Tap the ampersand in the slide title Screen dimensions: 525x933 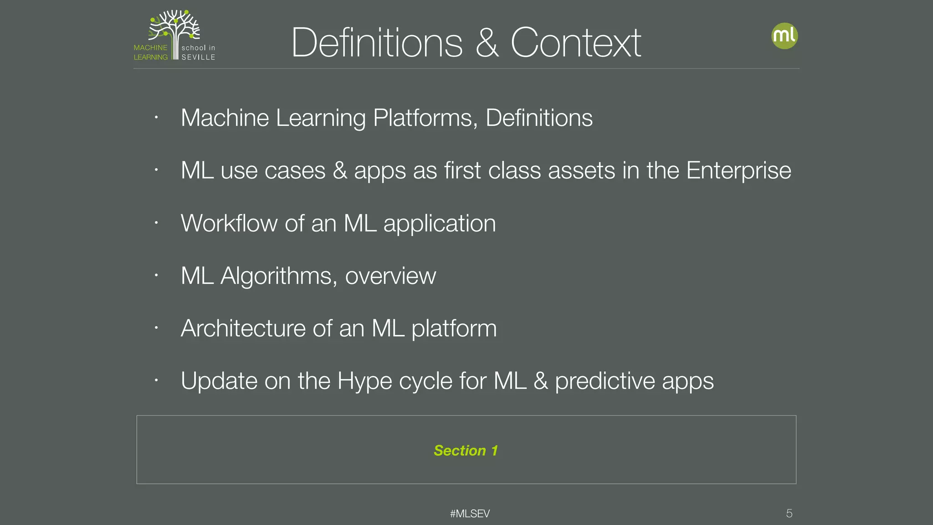tap(487, 43)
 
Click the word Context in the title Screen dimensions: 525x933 tap(576, 43)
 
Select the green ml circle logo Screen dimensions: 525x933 tap(784, 36)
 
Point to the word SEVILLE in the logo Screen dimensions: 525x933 tap(198, 57)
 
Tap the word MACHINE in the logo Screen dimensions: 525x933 tap(150, 47)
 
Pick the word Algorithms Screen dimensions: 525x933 tap(279, 276)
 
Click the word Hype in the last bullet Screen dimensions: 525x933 tap(364, 381)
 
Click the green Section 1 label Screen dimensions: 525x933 tap(466, 450)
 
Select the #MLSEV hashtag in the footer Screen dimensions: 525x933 tap(470, 514)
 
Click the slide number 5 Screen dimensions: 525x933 tap(789, 514)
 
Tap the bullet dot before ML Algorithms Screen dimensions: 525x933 tap(156, 275)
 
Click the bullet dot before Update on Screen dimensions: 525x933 tap(156, 380)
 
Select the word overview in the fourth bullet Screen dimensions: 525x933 tap(390, 276)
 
